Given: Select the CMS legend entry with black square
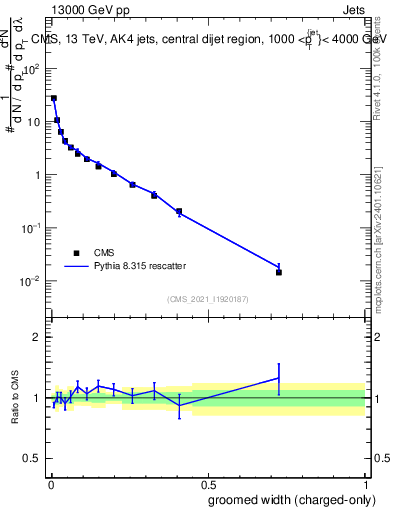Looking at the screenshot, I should tap(76, 253).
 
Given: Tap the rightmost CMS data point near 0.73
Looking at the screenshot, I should tap(279, 272).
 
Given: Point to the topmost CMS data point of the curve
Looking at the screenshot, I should tap(53, 98).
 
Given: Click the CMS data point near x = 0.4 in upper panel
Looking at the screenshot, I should tap(179, 211).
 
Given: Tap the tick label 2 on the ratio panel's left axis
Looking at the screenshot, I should tap(37, 337).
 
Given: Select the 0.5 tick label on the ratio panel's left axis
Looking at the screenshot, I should tap(32, 460).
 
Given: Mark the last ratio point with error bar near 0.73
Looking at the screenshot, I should tap(279, 378).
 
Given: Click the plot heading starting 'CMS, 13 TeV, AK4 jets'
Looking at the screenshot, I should tap(210, 39).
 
